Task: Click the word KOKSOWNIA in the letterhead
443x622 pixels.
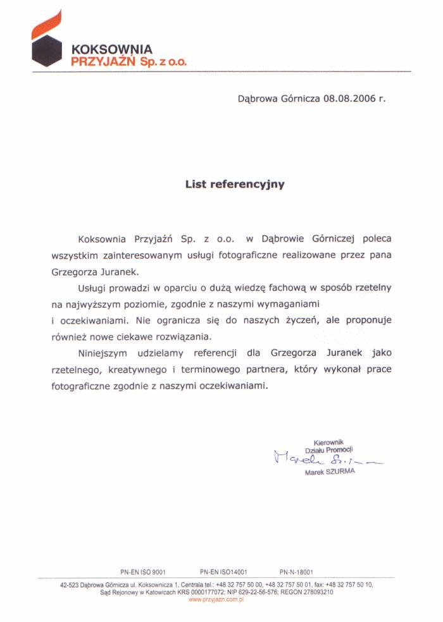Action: pos(111,49)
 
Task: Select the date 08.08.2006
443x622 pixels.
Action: pos(349,99)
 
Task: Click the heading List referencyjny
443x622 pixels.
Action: pos(235,185)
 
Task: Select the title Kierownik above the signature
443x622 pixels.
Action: pos(328,442)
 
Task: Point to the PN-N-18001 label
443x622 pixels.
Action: pos(296,570)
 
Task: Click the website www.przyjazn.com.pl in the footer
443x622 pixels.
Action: pos(216,599)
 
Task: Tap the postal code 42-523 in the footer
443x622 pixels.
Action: pos(70,585)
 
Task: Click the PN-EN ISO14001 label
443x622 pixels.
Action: pos(223,570)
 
